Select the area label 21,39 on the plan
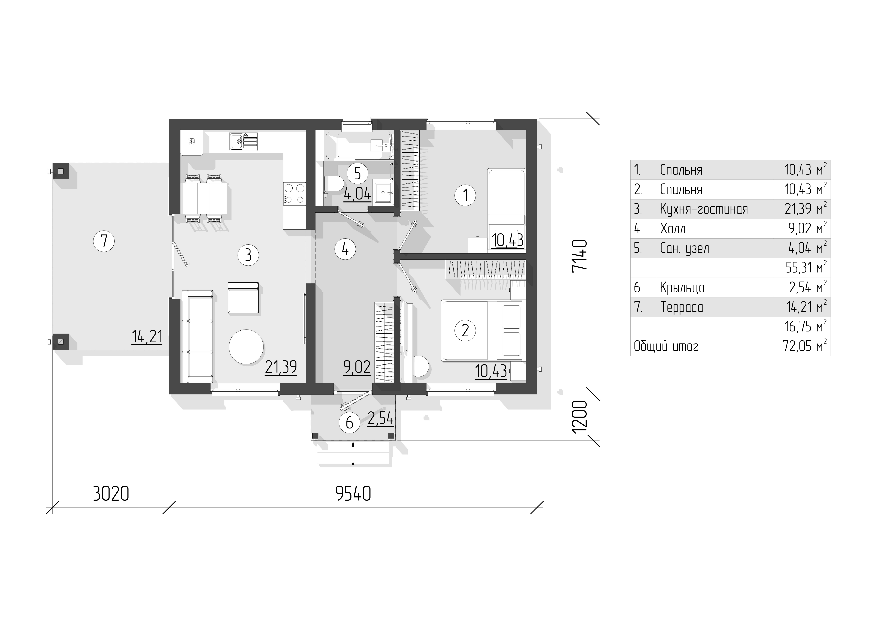(x=281, y=367)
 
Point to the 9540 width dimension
(x=353, y=494)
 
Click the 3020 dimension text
(x=111, y=494)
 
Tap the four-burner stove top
(x=294, y=194)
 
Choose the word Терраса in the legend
(x=682, y=307)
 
